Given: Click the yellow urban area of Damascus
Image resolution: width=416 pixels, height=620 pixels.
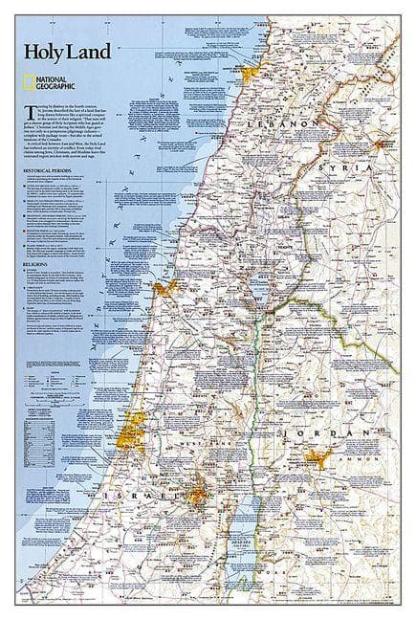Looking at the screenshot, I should point(392,147).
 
